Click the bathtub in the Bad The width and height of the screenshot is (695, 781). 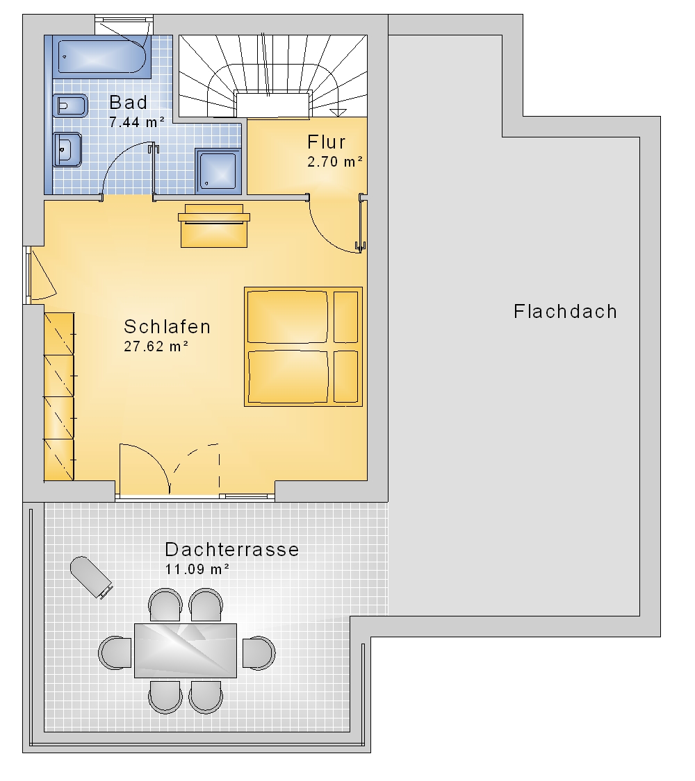click(x=101, y=57)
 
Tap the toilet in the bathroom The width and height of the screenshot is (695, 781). click(x=69, y=106)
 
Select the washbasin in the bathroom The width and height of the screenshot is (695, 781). click(x=67, y=149)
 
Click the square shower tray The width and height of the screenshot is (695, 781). click(x=218, y=171)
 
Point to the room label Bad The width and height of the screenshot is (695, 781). click(x=128, y=103)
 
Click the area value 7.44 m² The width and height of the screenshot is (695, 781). click(x=137, y=122)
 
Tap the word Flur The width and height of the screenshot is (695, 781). click(x=326, y=142)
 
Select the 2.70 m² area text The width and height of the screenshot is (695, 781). click(x=335, y=162)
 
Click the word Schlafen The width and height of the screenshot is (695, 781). click(x=167, y=327)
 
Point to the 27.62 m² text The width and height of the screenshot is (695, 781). click(x=156, y=346)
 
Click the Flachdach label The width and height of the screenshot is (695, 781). click(x=565, y=312)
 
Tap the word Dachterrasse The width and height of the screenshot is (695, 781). click(x=232, y=549)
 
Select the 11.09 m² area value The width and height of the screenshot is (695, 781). click(x=197, y=569)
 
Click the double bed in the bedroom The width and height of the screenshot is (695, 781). click(x=303, y=346)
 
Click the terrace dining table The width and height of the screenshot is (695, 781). click(x=186, y=650)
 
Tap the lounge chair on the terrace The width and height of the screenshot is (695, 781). click(x=91, y=578)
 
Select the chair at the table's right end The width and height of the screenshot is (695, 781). click(x=259, y=653)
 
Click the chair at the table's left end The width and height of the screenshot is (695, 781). click(x=115, y=653)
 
